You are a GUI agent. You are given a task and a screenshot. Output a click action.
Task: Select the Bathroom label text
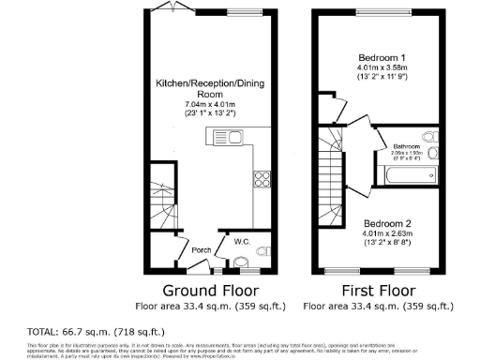pyautogui.click(x=407, y=146)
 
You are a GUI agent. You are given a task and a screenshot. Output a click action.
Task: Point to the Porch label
pyautogui.click(x=201, y=249)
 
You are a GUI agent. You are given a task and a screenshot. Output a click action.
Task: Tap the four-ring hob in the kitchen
pyautogui.click(x=262, y=181)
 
